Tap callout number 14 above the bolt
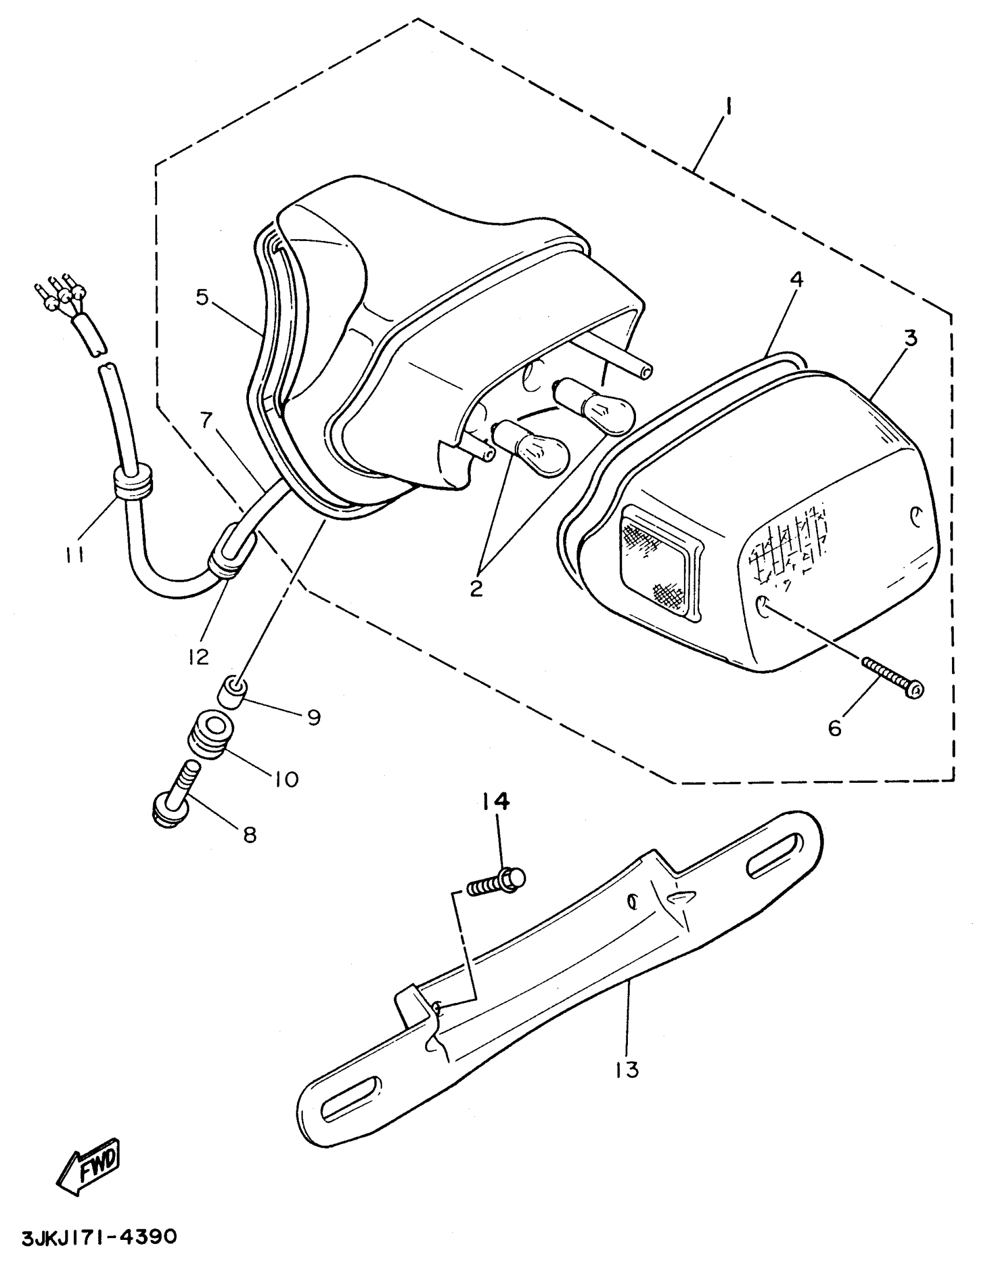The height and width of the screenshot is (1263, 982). (495, 801)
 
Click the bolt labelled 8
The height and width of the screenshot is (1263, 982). (174, 796)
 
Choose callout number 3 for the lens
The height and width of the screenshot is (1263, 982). (911, 339)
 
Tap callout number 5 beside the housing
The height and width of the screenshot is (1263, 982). (201, 296)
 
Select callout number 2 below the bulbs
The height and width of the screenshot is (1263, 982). (476, 588)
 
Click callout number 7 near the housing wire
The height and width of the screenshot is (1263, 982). (206, 421)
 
